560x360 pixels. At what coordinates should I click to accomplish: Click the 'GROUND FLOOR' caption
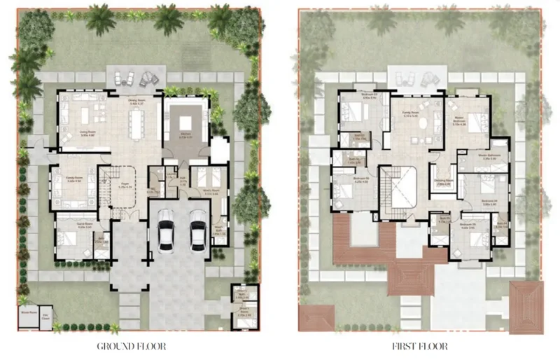(132, 345)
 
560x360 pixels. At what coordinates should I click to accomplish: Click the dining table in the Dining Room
(136, 125)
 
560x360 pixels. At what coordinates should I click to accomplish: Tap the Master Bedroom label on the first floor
(459, 120)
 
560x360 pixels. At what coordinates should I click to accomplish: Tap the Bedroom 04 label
(489, 201)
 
